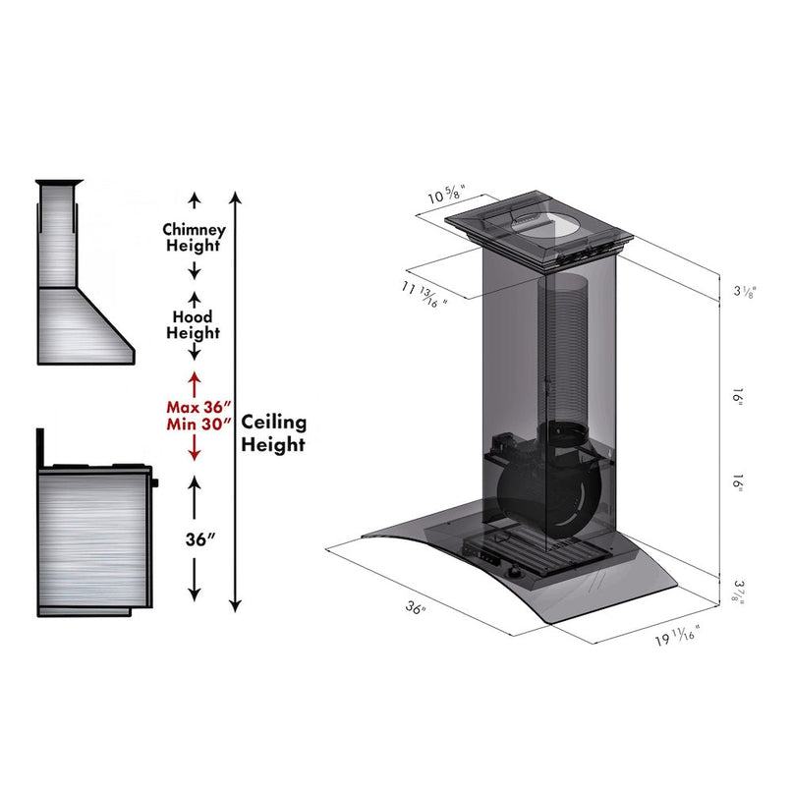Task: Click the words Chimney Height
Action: pos(194,238)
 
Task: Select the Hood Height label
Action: pos(195,325)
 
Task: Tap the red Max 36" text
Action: pos(197,407)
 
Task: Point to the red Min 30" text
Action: pos(197,424)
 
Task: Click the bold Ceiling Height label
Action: pos(274,432)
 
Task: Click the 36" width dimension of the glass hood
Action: pos(416,608)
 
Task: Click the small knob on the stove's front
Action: pos(154,482)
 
